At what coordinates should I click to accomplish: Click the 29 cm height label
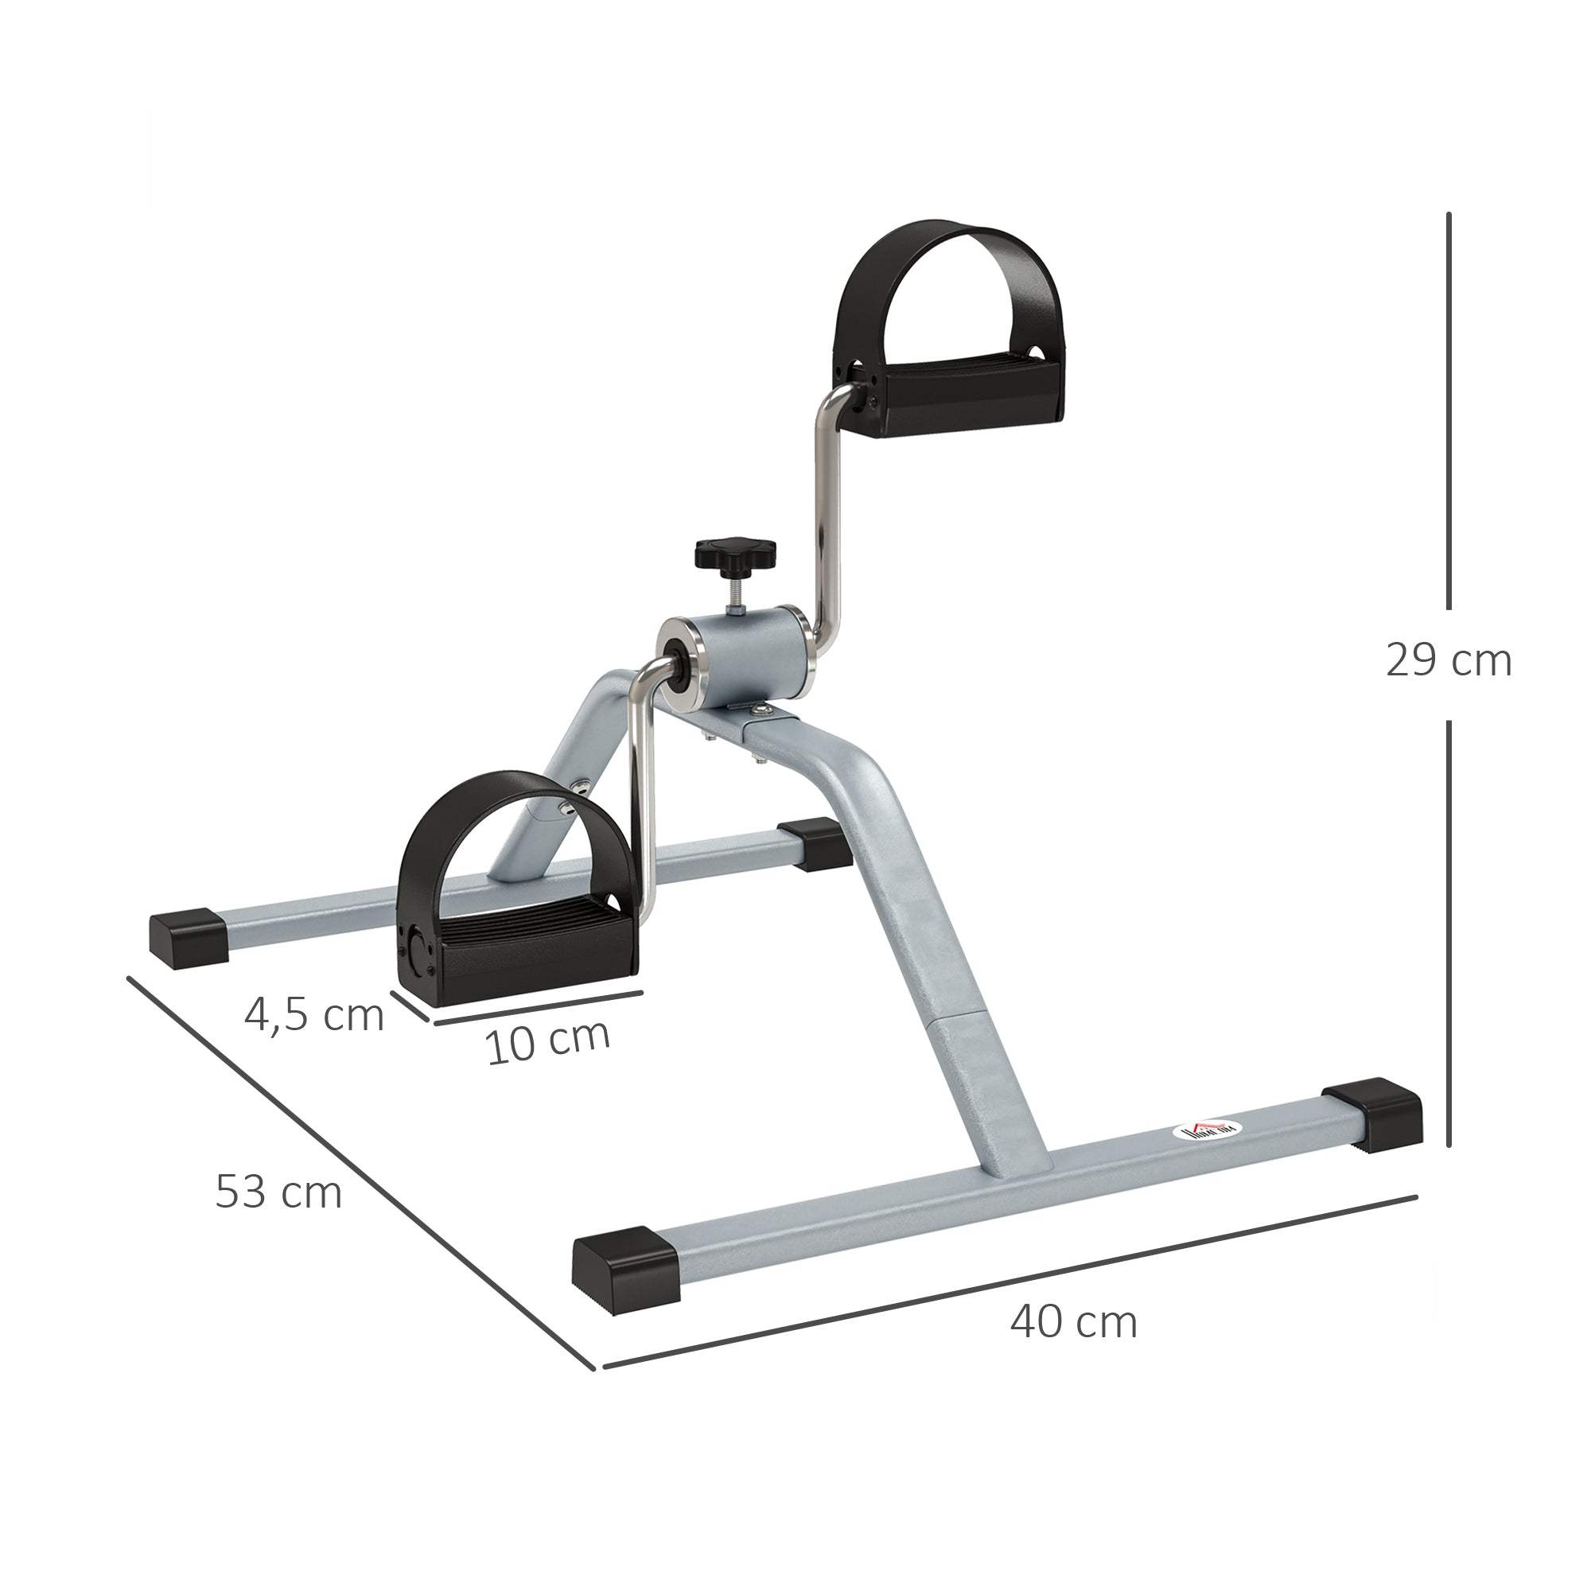[1448, 661]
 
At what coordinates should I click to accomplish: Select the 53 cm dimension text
[278, 1192]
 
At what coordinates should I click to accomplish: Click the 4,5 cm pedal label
[313, 1014]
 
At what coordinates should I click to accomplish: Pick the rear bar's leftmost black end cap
[189, 936]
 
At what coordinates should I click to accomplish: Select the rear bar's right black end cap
[814, 843]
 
